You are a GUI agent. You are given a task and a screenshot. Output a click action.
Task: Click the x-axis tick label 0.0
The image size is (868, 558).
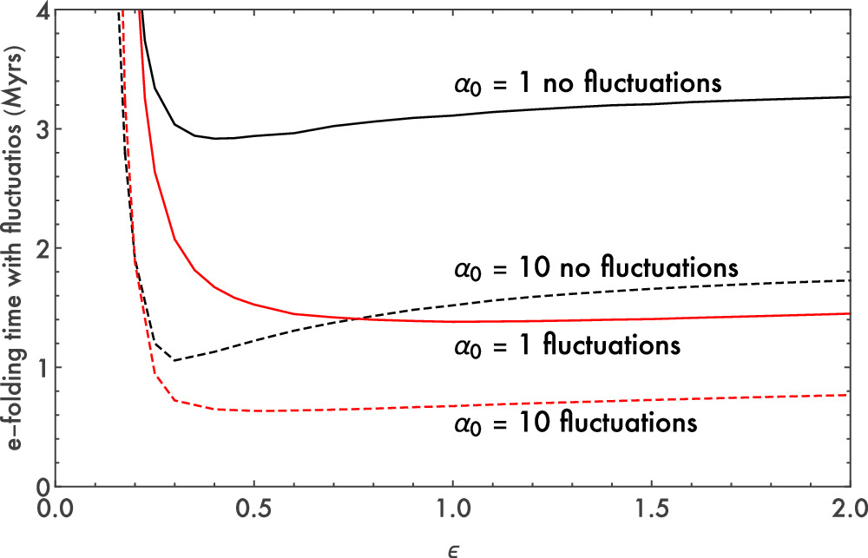click(x=55, y=505)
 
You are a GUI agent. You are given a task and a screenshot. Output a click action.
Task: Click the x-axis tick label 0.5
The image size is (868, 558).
click(x=253, y=505)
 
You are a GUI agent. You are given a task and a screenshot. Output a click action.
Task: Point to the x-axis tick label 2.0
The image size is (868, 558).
click(x=845, y=505)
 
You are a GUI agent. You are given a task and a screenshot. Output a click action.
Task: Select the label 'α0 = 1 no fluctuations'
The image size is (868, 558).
click(x=589, y=84)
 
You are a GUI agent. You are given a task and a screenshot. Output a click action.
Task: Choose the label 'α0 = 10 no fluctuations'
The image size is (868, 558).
click(x=596, y=267)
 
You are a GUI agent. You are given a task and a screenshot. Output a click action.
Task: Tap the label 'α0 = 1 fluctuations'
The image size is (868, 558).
click(x=565, y=345)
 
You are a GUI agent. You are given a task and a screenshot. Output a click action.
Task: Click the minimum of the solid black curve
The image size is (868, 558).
click(x=217, y=138)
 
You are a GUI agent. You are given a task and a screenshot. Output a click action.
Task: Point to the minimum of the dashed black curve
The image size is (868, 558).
click(x=175, y=360)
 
